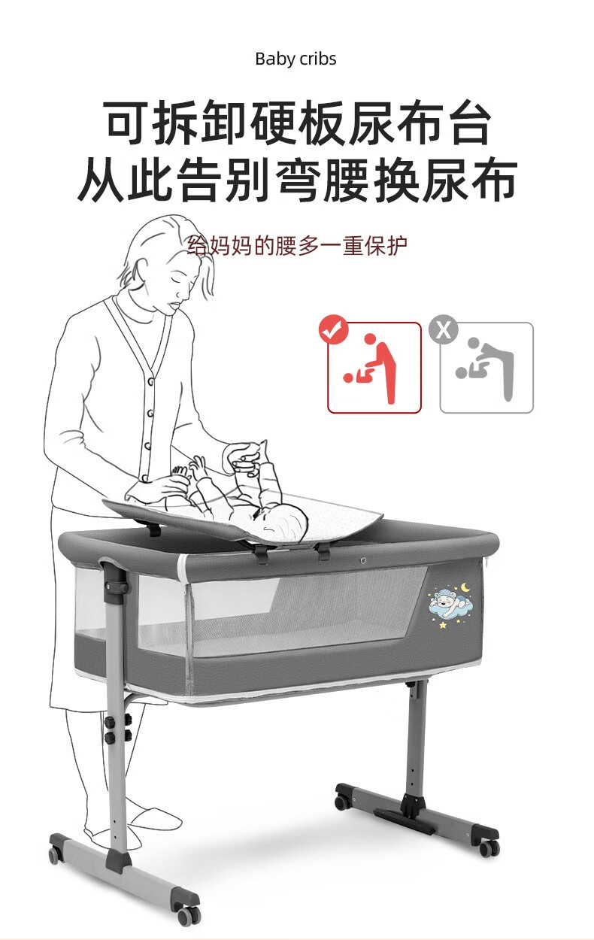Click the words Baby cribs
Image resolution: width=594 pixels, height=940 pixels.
[x=295, y=59]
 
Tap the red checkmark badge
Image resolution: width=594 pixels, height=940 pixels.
[x=334, y=329]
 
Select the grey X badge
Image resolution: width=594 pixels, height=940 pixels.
[x=444, y=329]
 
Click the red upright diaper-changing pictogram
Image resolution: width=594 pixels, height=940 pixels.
[x=370, y=369]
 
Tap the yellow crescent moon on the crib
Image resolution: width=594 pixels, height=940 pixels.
[x=465, y=587]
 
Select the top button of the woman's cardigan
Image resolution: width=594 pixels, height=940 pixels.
[x=150, y=381]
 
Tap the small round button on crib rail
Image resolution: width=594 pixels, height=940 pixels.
[x=363, y=560]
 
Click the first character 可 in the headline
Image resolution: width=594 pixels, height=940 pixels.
[x=126, y=123]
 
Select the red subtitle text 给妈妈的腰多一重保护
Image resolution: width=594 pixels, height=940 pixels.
[x=297, y=246]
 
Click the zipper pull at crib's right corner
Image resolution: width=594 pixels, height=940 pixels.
[x=488, y=562]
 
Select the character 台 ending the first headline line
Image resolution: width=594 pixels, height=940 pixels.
[x=468, y=123]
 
